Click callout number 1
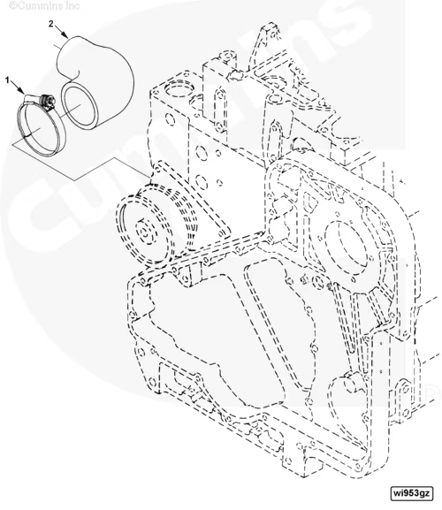7,80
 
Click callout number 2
51,24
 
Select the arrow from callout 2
61,31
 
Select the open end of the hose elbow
79,105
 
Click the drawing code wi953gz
413,492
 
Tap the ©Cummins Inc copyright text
44,5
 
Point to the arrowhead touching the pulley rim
139,194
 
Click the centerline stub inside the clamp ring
33,133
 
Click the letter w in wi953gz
398,493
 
